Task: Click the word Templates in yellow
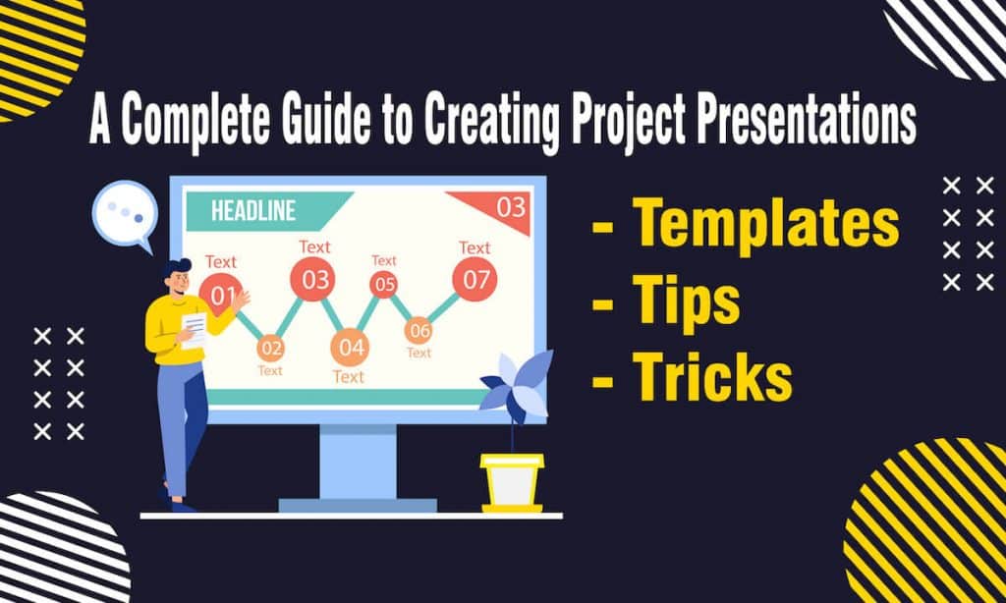765,225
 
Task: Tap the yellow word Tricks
711,377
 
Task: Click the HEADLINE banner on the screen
253,210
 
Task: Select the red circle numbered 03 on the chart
315,280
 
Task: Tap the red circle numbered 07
475,280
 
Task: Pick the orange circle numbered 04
349,347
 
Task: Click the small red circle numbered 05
383,285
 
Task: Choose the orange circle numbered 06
419,331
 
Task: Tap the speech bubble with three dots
124,213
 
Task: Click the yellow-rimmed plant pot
512,481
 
